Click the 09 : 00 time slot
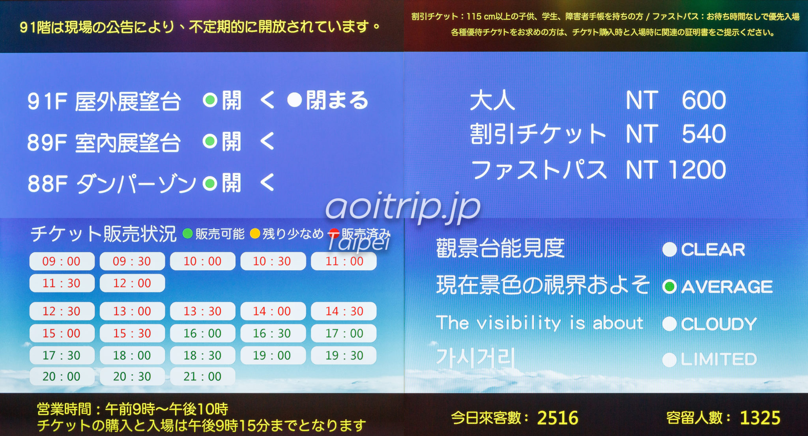pyautogui.click(x=62, y=261)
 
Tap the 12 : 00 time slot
pyautogui.click(x=132, y=283)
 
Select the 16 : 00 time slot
pyautogui.click(x=202, y=334)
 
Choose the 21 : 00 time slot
pyautogui.click(x=202, y=376)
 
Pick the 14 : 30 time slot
pyautogui.click(x=344, y=311)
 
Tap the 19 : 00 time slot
pyautogui.click(x=273, y=356)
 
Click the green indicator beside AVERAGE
pyautogui.click(x=670, y=287)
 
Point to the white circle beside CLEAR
pyautogui.click(x=670, y=249)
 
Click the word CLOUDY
pyautogui.click(x=719, y=324)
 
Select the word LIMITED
pyautogui.click(x=719, y=359)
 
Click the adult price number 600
pyautogui.click(x=704, y=100)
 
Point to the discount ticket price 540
pyautogui.click(x=704, y=134)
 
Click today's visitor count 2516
pyautogui.click(x=557, y=418)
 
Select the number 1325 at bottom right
pyautogui.click(x=760, y=418)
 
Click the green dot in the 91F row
pyautogui.click(x=210, y=101)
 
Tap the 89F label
pyautogui.click(x=47, y=143)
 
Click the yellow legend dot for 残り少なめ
pyautogui.click(x=255, y=234)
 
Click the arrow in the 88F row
pyautogui.click(x=267, y=183)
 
